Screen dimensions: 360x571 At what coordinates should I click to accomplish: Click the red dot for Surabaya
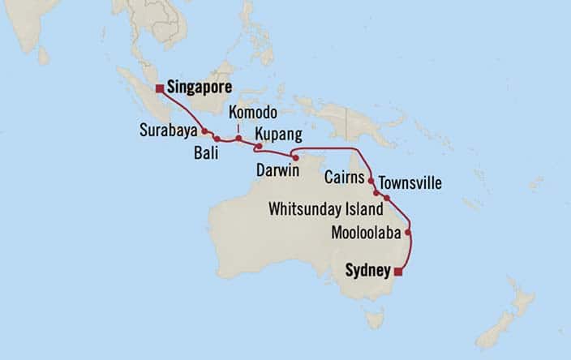(x=204, y=131)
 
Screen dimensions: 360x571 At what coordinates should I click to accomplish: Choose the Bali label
(x=207, y=152)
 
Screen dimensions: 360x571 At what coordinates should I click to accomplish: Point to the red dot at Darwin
(x=296, y=157)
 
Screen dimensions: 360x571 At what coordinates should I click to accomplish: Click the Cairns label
(x=343, y=175)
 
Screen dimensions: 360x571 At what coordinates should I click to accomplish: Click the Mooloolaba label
(x=367, y=234)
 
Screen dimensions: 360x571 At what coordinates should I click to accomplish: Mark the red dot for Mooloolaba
(x=408, y=234)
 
